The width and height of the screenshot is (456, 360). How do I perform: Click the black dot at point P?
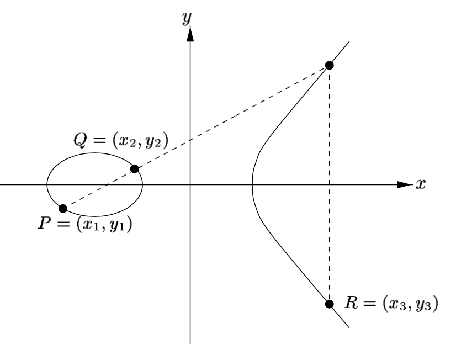coord(63,208)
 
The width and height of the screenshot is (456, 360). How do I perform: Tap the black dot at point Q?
coord(134,168)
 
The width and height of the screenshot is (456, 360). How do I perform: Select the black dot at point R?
coord(330,304)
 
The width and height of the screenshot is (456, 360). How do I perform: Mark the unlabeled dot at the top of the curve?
coord(330,65)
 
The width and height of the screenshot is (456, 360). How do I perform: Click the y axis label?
coord(189,18)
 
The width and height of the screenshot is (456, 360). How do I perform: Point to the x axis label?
coord(421,184)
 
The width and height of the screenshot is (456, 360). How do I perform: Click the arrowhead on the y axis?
coord(190,34)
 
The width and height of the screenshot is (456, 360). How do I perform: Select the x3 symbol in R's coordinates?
coord(386,304)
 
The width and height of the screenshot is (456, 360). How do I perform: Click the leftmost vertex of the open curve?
coord(252,182)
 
